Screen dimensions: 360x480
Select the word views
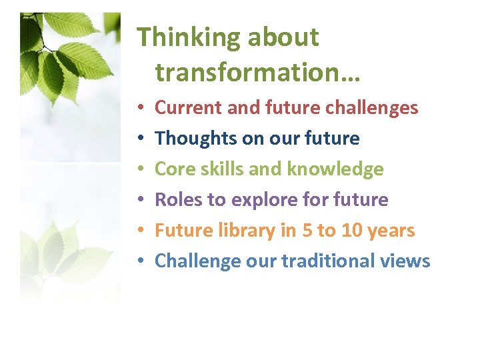tap(409, 261)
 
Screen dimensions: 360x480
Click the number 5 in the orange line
tap(306, 231)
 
